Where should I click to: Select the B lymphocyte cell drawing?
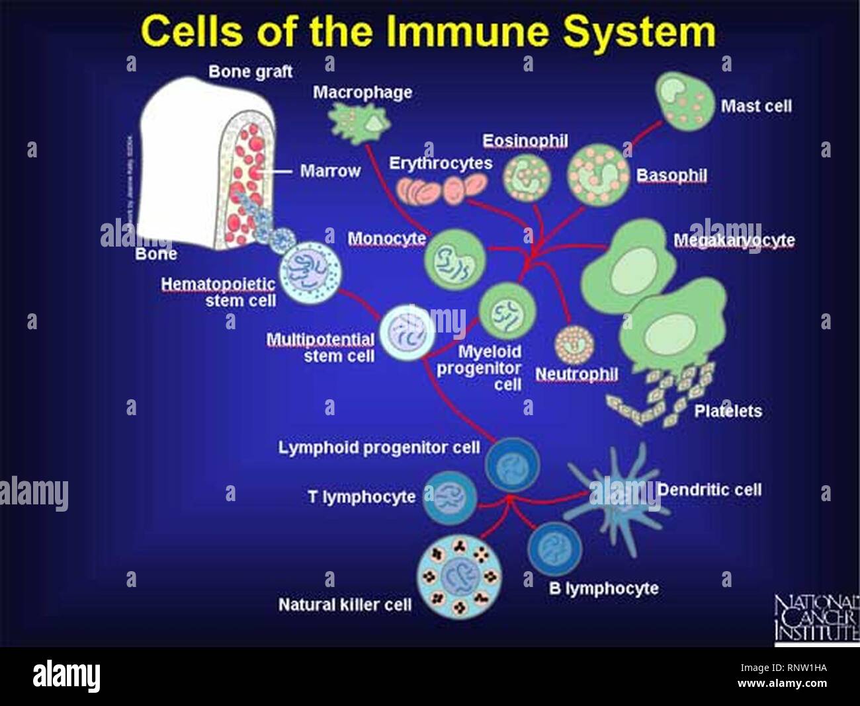click(554, 548)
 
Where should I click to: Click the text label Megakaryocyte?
click(734, 240)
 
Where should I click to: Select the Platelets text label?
click(728, 411)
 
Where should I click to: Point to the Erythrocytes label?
click(441, 163)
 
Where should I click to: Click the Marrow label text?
click(330, 171)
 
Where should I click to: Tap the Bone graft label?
click(250, 71)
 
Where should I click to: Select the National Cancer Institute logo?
click(817, 619)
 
